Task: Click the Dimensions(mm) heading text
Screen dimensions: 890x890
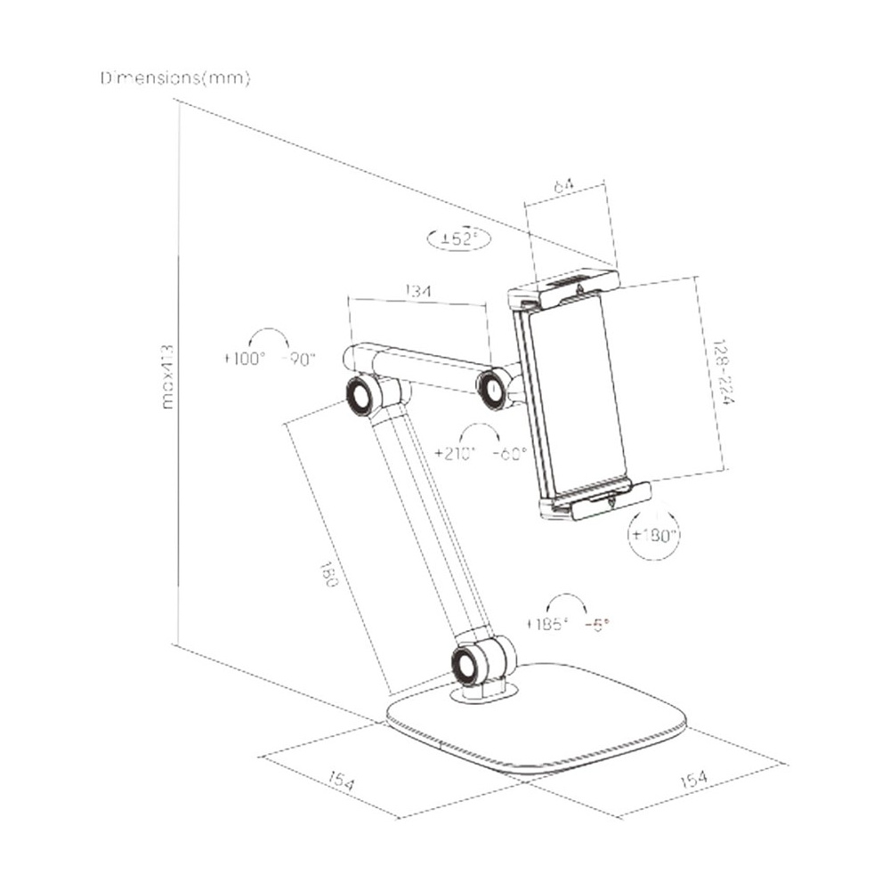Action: coord(175,78)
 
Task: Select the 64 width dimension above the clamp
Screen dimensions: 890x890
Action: coord(562,187)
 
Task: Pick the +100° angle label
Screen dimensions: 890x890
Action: coord(244,360)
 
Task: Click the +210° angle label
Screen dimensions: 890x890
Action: coord(456,452)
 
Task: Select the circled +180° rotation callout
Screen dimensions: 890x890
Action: coord(654,536)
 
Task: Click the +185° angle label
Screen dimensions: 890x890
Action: coord(546,625)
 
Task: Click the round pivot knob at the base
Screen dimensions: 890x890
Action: coord(467,663)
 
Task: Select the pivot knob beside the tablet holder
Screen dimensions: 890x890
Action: coord(492,388)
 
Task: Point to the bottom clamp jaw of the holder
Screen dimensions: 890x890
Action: coord(601,502)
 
